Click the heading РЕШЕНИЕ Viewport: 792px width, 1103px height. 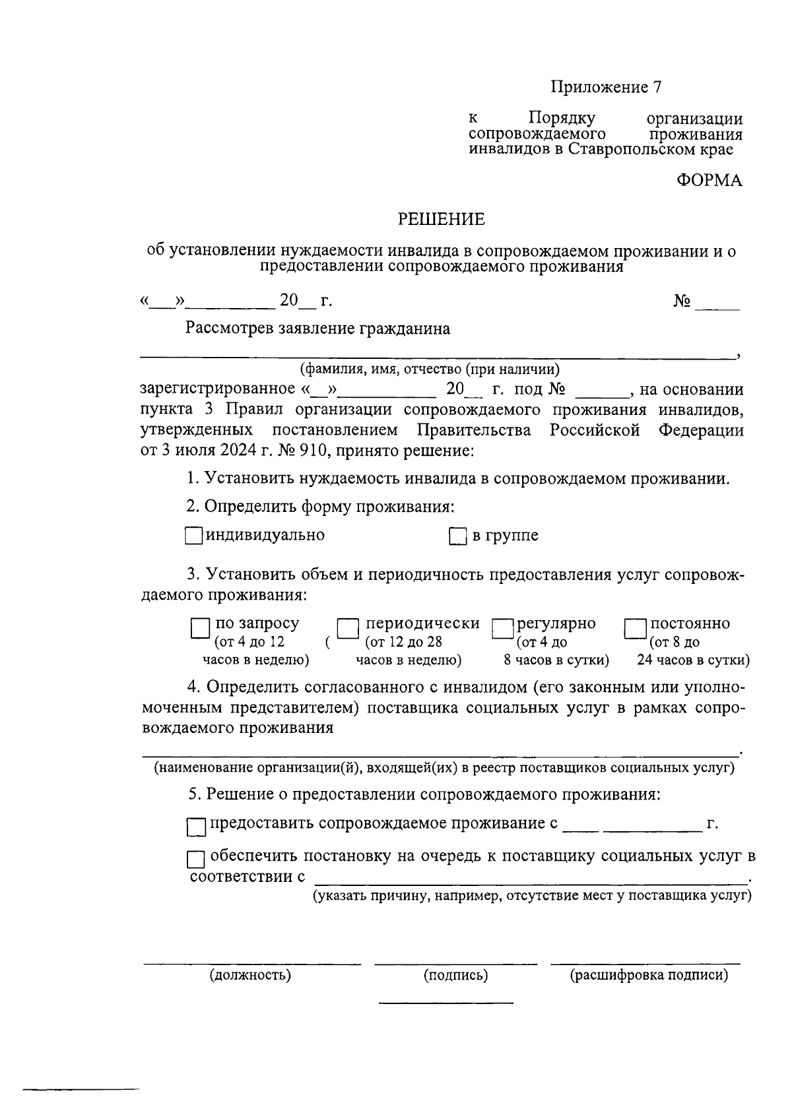click(441, 219)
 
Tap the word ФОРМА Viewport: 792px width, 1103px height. click(709, 180)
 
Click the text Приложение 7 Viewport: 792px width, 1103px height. click(606, 87)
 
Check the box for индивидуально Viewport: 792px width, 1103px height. click(193, 536)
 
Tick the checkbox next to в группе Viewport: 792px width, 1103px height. click(457, 536)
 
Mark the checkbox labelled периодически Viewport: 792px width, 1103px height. click(348, 629)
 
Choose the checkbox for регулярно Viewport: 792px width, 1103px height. click(503, 629)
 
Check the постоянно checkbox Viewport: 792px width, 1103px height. click(636, 629)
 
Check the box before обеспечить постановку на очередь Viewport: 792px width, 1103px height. click(196, 860)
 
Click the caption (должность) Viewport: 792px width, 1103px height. click(250, 975)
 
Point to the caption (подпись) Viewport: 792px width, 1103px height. click(455, 975)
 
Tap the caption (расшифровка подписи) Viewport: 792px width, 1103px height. click(649, 975)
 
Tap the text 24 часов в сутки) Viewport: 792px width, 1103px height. click(692, 660)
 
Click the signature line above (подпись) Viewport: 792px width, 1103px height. click(455, 964)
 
